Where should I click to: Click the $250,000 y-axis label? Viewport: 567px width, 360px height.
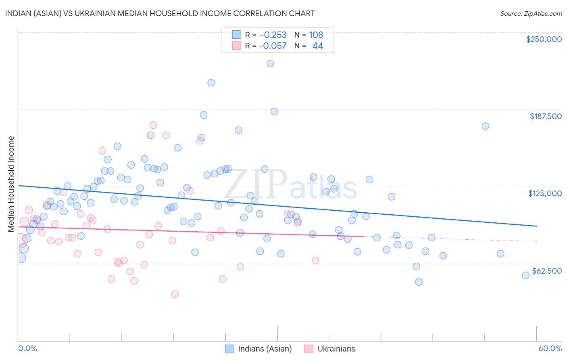[x=544, y=39]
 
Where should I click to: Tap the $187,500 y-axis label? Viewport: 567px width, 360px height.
[x=545, y=116]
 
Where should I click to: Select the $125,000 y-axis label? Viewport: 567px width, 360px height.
[x=545, y=193]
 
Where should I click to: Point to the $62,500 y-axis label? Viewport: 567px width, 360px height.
[x=546, y=271]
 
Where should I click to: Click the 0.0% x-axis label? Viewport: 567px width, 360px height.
[x=27, y=348]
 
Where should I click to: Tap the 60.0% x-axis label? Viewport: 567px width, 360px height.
[x=550, y=348]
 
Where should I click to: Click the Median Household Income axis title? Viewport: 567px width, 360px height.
[x=11, y=184]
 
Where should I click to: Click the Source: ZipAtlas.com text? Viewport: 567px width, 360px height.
[x=531, y=13]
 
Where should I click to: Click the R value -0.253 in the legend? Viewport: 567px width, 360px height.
[x=273, y=35]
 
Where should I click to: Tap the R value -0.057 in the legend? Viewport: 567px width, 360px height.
[x=273, y=46]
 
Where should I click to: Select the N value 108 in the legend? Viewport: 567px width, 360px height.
[x=316, y=35]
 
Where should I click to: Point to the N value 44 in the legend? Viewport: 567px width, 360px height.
[x=317, y=46]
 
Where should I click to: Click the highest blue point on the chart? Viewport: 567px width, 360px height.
[x=270, y=63]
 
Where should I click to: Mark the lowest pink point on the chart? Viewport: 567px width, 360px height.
[x=175, y=294]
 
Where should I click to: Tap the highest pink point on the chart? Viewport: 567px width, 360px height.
[x=153, y=125]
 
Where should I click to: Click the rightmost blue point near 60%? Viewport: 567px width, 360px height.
[x=525, y=275]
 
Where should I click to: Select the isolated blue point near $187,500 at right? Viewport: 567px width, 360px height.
[x=485, y=126]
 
